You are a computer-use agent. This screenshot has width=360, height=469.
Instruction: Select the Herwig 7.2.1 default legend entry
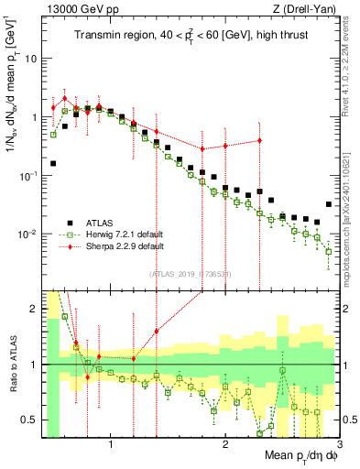click(x=119, y=234)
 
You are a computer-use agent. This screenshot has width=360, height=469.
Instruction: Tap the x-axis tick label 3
click(x=339, y=446)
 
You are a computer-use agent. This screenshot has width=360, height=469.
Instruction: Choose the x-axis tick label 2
click(x=225, y=446)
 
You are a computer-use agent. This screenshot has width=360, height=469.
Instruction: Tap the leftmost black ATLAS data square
click(x=53, y=164)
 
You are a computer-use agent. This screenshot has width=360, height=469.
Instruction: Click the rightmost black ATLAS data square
click(x=328, y=204)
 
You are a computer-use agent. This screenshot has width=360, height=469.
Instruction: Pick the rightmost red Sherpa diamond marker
click(x=259, y=140)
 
